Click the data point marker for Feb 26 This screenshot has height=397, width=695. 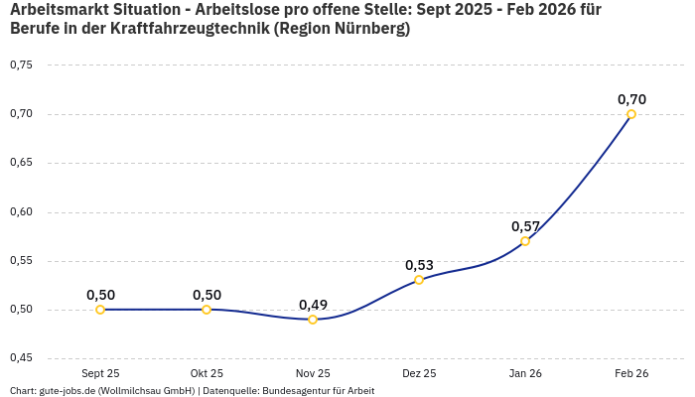coord(631,114)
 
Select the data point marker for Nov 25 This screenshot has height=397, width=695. coord(313,320)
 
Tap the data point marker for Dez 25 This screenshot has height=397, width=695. coord(419,280)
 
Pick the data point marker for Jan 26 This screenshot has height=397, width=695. coord(525,241)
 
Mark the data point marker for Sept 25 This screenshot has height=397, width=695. coord(100,310)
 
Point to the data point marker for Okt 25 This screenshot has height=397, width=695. coord(207,310)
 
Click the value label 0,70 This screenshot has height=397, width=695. coord(631,99)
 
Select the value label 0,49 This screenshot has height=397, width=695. coord(313,305)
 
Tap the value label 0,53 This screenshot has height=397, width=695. coord(419,265)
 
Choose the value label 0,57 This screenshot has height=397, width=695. coord(525,226)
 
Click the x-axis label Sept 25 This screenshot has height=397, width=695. coord(100,373)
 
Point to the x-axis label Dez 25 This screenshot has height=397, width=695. coord(419,373)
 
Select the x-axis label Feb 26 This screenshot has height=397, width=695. coord(631,373)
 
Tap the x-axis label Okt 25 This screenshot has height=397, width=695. coord(207,373)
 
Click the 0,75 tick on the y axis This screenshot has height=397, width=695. coord(21,66)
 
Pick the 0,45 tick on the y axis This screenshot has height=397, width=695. coord(21,358)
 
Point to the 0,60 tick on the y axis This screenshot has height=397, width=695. coord(21,212)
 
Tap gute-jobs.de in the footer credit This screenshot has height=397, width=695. coord(70,391)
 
